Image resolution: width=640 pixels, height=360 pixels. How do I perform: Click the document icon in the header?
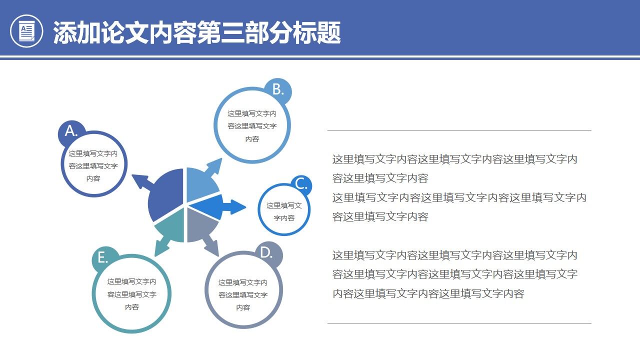26,31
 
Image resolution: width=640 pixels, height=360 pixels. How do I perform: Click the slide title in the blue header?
196,32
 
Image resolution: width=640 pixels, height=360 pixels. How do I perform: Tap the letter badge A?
71,131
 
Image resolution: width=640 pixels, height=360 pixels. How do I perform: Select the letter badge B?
278,89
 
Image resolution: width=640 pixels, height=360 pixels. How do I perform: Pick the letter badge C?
301,184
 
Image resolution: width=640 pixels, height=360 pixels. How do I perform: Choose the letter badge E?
103,258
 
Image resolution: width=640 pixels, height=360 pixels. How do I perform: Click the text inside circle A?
93,166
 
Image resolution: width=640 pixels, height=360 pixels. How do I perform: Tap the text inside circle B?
252,126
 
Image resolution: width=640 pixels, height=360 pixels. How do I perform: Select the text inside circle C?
284,211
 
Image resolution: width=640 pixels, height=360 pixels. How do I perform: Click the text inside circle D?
243,295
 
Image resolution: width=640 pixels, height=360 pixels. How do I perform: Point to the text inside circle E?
132,294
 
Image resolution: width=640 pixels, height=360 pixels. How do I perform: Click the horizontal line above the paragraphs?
459,130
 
